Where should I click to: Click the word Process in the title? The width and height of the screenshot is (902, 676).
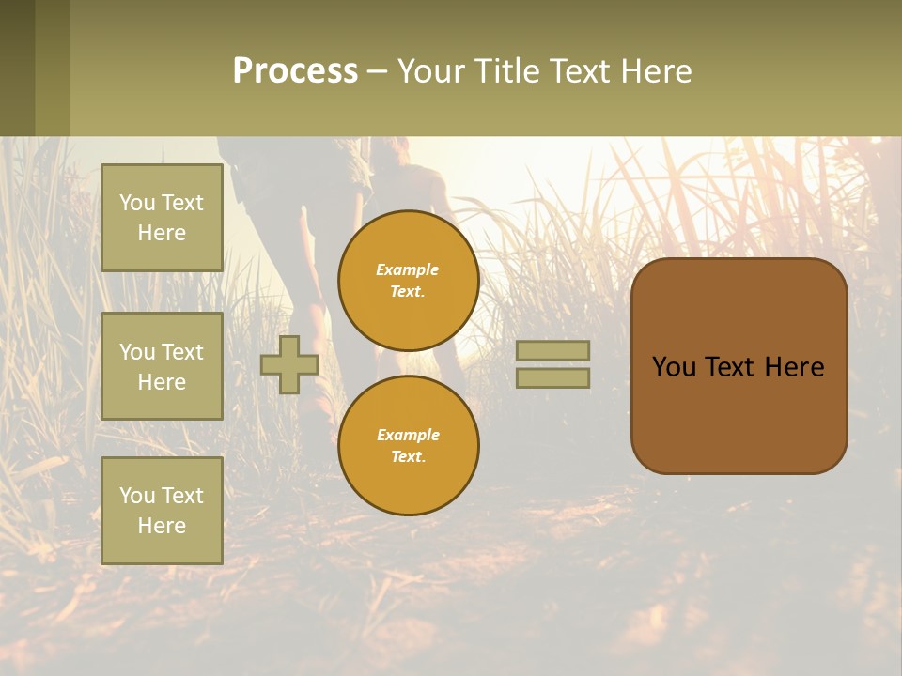pos(295,71)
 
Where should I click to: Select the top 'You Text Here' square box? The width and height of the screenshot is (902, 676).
pos(162,218)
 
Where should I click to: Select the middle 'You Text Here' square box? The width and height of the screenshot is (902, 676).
pos(162,366)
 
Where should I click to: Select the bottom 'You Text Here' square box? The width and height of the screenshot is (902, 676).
pos(162,510)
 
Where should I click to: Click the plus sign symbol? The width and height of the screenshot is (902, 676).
pos(289,364)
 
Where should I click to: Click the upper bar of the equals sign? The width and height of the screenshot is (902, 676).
pos(552,350)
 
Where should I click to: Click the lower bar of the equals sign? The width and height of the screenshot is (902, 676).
pos(552,377)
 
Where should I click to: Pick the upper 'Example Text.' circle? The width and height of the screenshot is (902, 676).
pos(408,281)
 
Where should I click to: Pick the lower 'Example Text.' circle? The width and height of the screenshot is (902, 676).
pos(408,446)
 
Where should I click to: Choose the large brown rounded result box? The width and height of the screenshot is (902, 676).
pos(739,413)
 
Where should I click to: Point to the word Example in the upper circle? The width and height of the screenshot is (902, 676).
pos(408,269)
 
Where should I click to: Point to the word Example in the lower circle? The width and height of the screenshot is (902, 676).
pos(408,435)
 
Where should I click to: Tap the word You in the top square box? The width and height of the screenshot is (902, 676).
pos(137,203)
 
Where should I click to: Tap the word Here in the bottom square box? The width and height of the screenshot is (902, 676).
pos(162,526)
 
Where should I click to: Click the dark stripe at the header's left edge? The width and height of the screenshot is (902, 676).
pos(17,68)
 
